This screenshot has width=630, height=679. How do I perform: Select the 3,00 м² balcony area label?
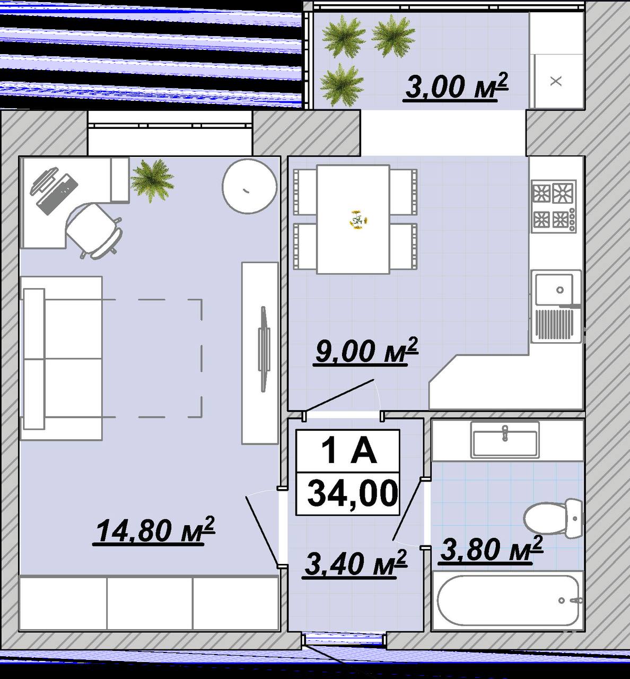tap(457, 86)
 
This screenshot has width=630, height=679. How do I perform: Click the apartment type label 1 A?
tap(348, 451)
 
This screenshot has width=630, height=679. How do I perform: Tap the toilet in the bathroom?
tap(553, 518)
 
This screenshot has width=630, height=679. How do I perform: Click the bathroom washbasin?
tap(504, 440)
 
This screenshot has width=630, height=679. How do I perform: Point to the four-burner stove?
tap(554, 207)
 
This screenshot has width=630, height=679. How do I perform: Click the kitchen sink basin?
tap(554, 290)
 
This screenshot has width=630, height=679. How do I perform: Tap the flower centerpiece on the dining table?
tap(358, 219)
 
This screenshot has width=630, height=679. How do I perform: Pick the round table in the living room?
tap(250, 187)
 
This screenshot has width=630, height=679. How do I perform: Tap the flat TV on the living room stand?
tap(264, 349)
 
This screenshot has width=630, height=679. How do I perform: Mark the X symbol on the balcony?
tap(556, 81)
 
